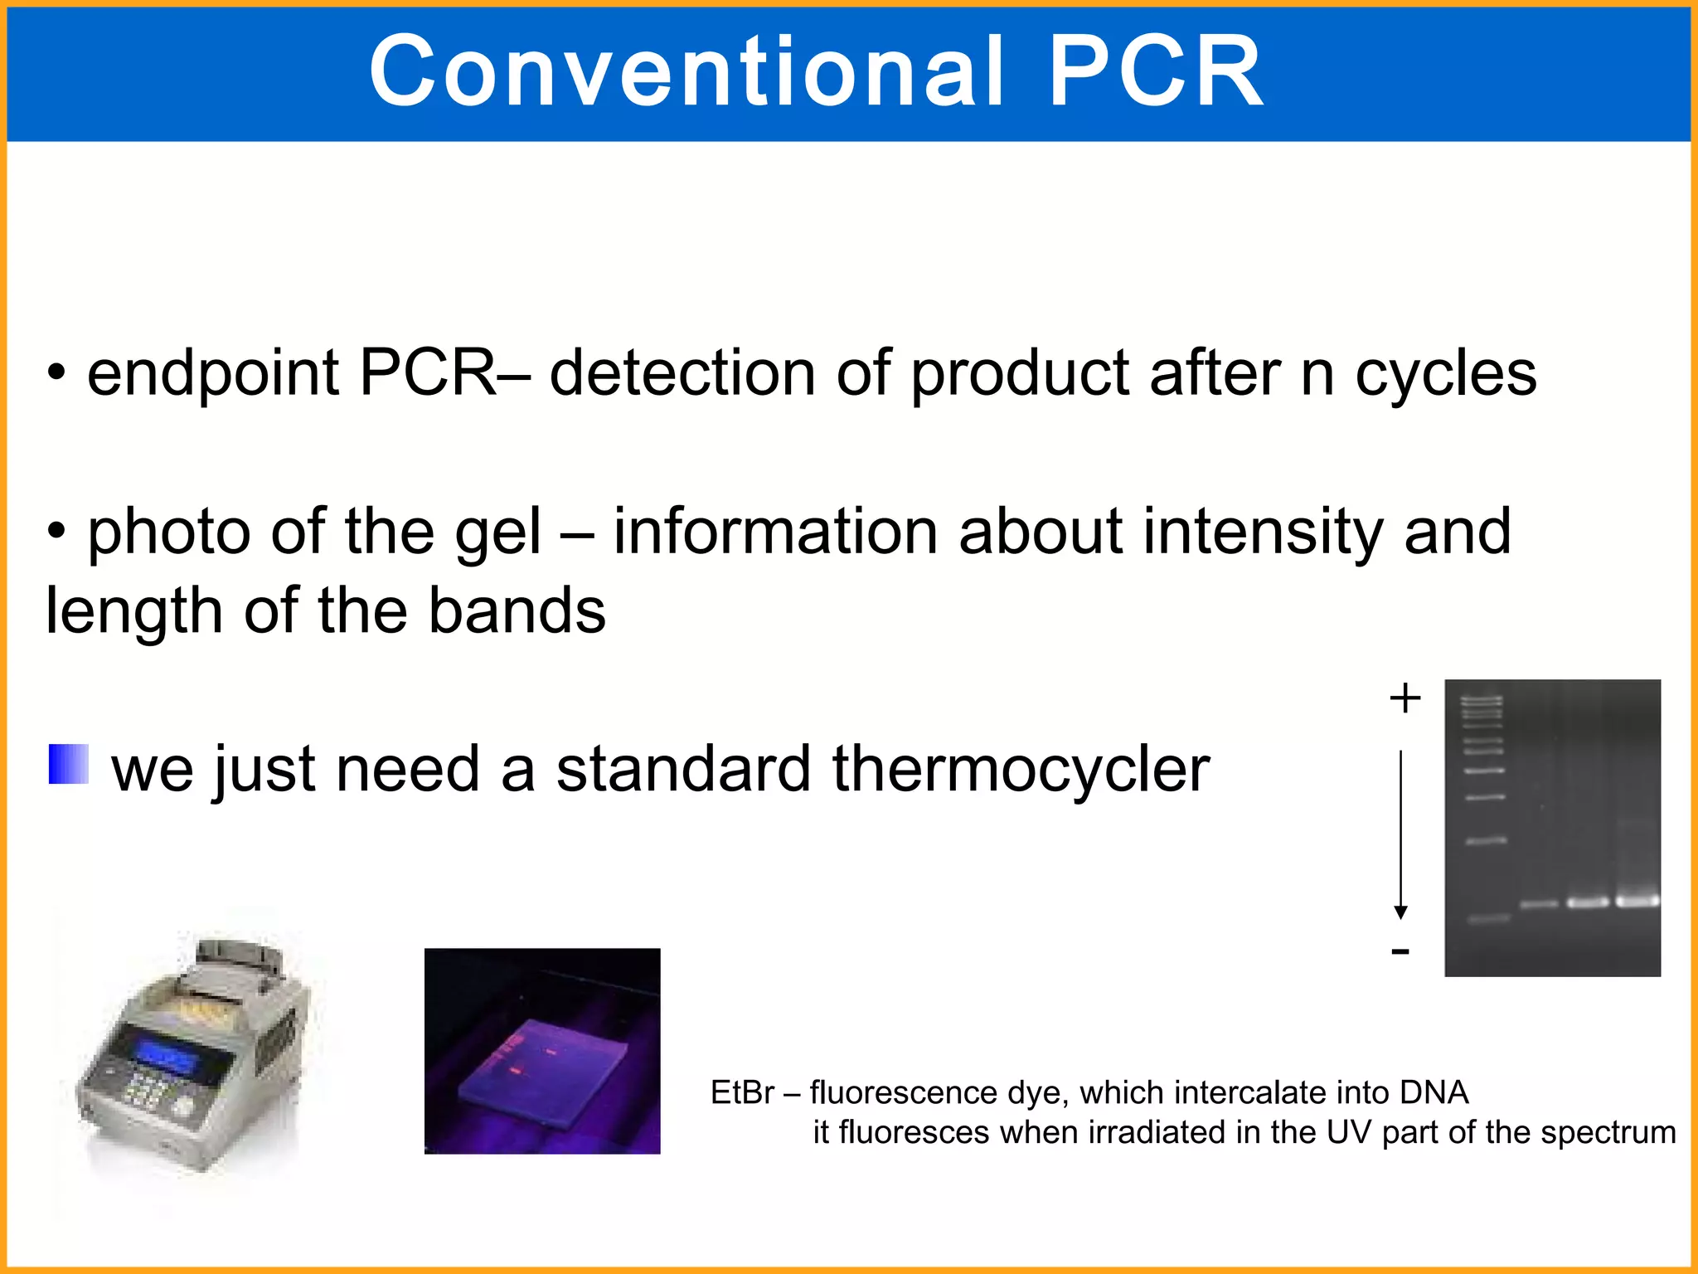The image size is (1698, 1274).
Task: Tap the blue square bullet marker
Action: coord(68,764)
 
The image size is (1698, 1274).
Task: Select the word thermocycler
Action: coord(1021,770)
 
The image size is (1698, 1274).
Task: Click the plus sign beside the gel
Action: coord(1404,698)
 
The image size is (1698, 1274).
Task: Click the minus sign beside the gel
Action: coord(1400,951)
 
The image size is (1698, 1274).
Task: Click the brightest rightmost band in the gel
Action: coord(1637,901)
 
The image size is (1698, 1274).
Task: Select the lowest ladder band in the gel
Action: coord(1488,919)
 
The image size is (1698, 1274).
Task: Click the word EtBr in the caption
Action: coord(742,1093)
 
